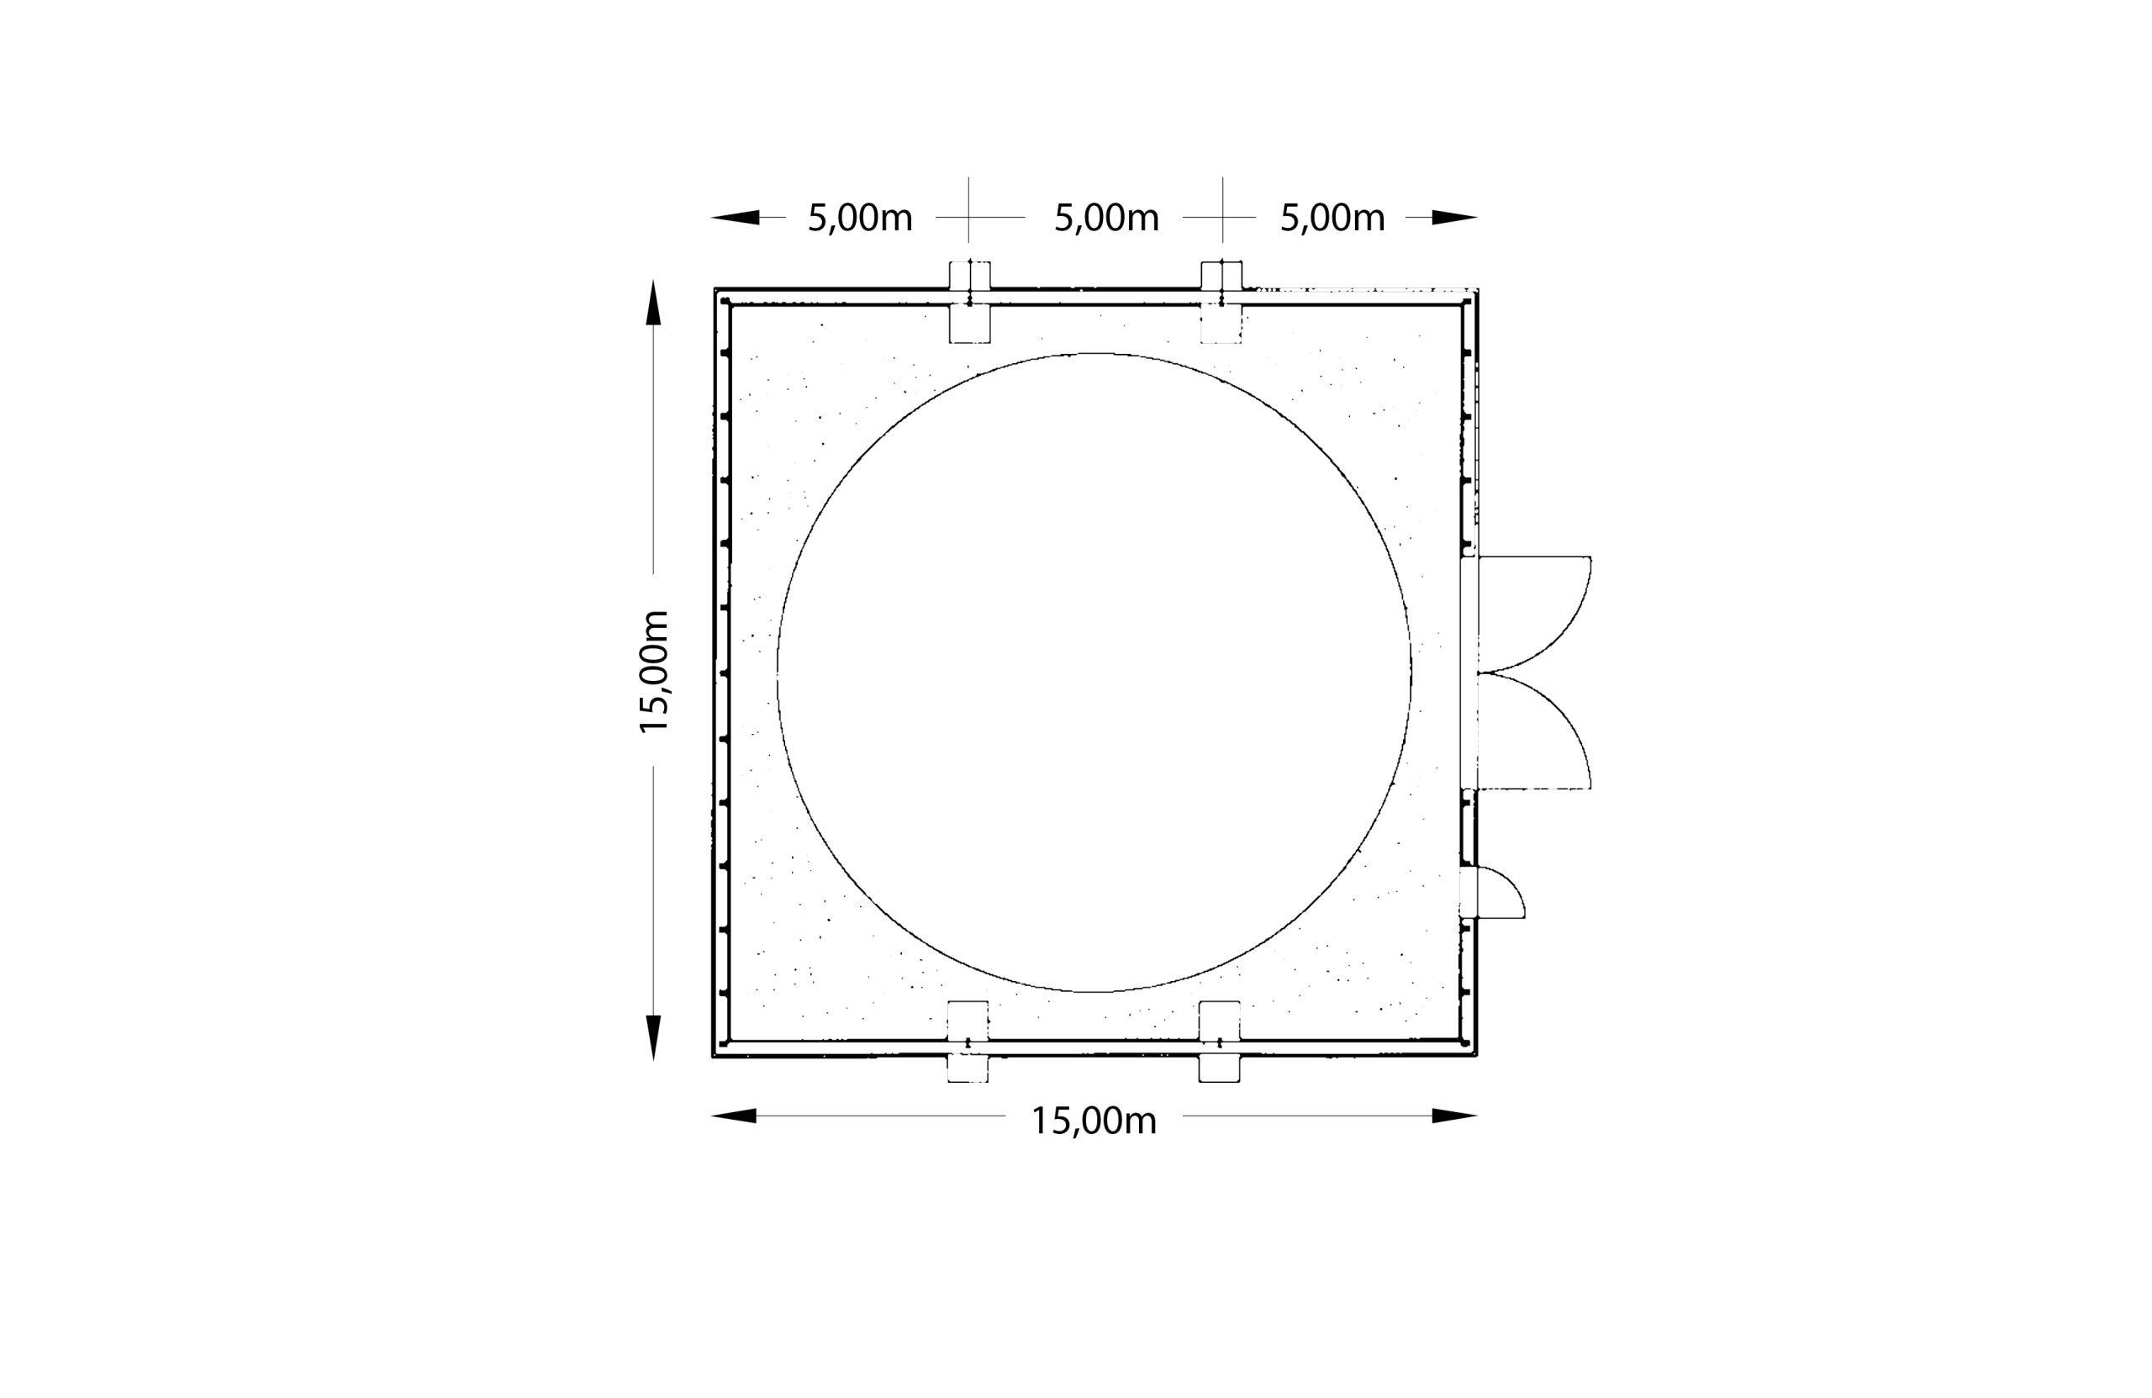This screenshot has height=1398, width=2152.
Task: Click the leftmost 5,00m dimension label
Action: point(860,219)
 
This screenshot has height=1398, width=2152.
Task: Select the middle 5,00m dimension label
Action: point(1107,219)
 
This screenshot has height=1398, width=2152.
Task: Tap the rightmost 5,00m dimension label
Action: point(1332,219)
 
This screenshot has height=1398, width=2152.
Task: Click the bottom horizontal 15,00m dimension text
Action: point(1094,1121)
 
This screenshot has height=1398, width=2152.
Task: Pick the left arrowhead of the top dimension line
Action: point(735,217)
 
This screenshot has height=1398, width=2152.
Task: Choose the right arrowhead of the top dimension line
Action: point(1454,217)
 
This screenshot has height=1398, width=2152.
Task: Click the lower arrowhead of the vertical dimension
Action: point(654,1038)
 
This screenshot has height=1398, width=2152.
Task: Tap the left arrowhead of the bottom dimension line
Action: point(733,1116)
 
